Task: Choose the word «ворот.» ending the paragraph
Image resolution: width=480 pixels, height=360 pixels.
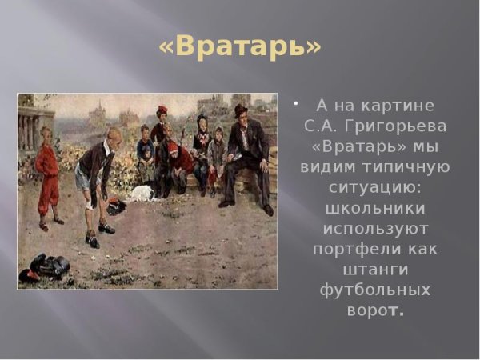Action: tap(375, 309)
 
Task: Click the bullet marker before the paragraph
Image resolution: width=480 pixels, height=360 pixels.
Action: tap(296, 103)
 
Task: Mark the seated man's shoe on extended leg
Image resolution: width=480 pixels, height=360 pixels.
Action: tap(268, 210)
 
